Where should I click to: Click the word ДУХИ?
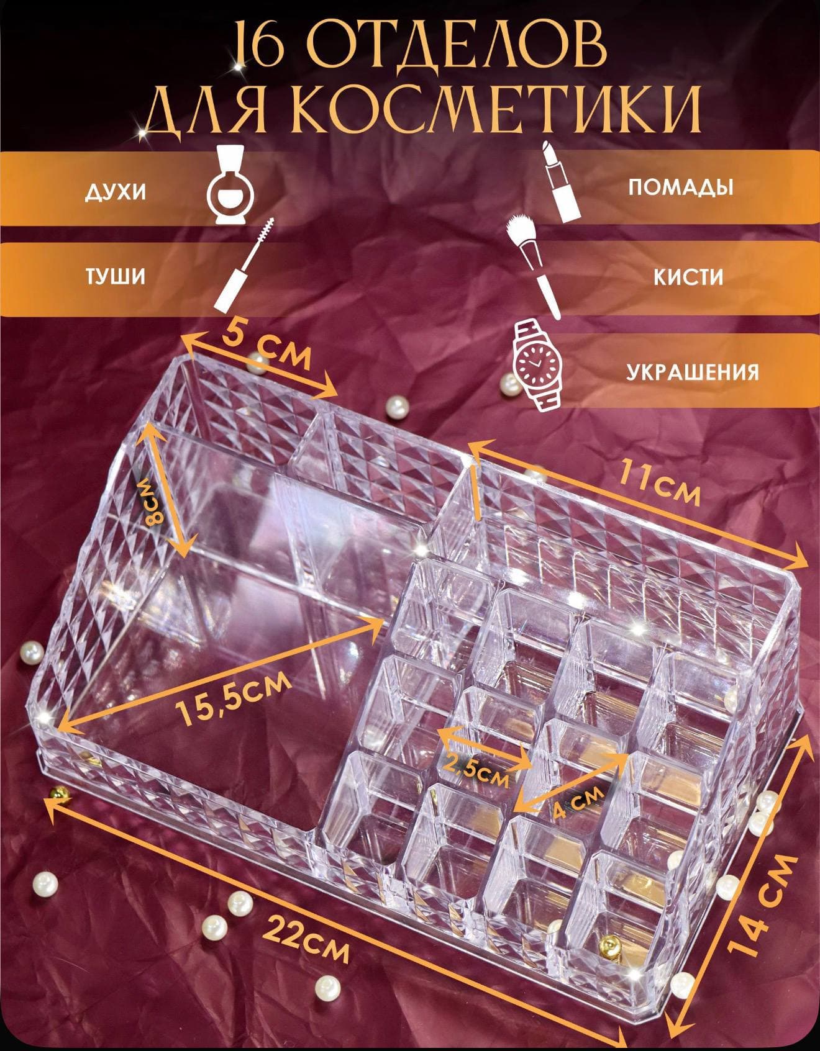116,192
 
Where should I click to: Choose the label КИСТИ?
688,277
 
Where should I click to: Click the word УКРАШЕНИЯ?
692,371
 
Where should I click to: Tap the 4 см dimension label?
576,804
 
